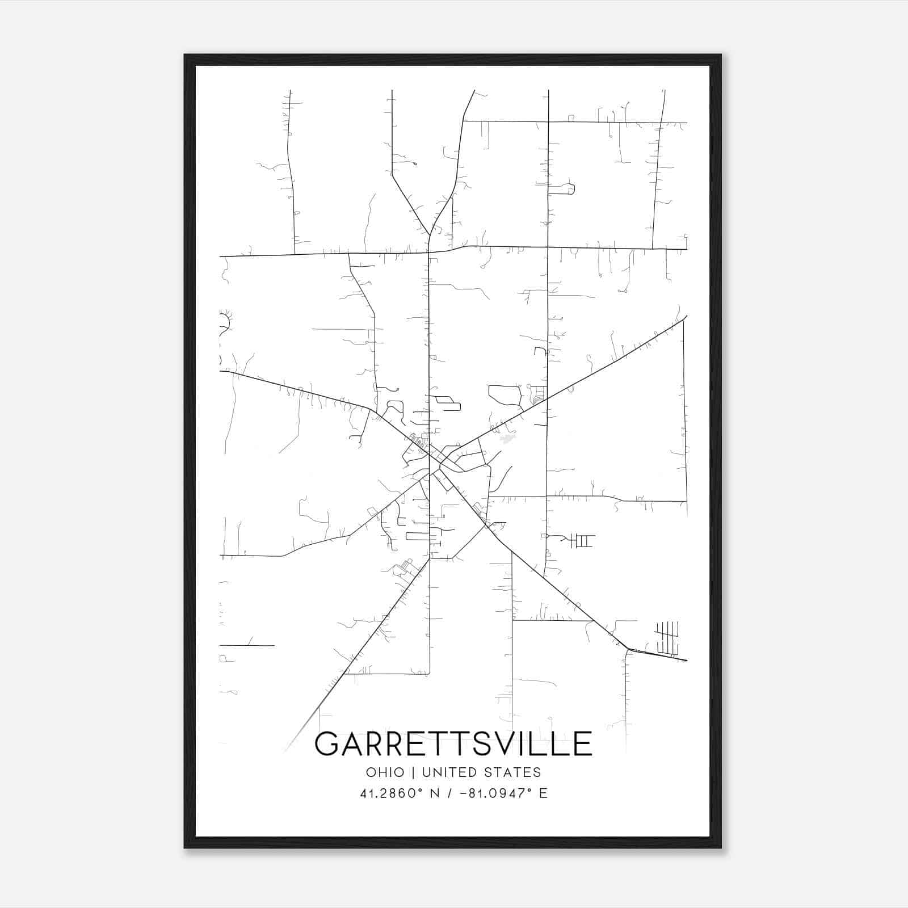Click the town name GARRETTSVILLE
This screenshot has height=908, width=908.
click(453, 744)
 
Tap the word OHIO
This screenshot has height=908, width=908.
click(385, 772)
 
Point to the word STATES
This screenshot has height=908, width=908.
click(515, 772)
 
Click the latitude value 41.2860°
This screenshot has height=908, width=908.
click(392, 793)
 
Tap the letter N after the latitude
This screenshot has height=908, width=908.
click(436, 793)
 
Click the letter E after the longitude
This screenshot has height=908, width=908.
click(543, 793)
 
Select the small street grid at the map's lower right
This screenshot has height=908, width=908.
click(667, 638)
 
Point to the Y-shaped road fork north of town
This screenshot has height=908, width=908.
click(430, 233)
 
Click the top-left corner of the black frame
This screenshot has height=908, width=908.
click(185, 56)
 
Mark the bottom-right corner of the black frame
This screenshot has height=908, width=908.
click(720, 847)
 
